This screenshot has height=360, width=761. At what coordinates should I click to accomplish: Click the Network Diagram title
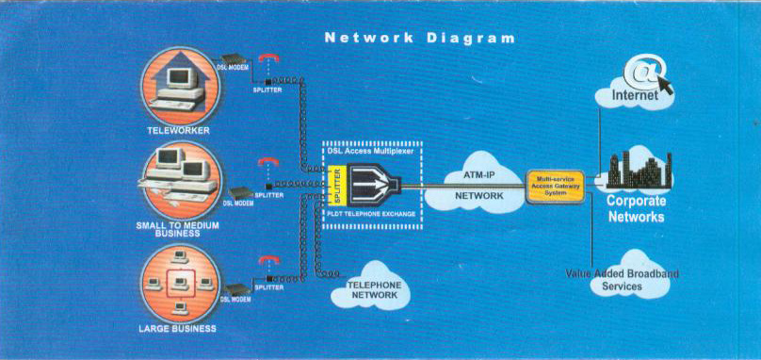(420, 39)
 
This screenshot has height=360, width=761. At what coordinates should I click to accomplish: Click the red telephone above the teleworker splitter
(270, 58)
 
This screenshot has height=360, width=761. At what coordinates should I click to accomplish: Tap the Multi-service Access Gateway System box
(557, 185)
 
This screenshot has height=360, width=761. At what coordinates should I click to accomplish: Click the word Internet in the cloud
(637, 96)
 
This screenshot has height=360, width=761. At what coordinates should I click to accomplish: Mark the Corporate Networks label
(635, 208)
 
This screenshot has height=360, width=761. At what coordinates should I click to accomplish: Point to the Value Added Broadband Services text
(622, 280)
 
